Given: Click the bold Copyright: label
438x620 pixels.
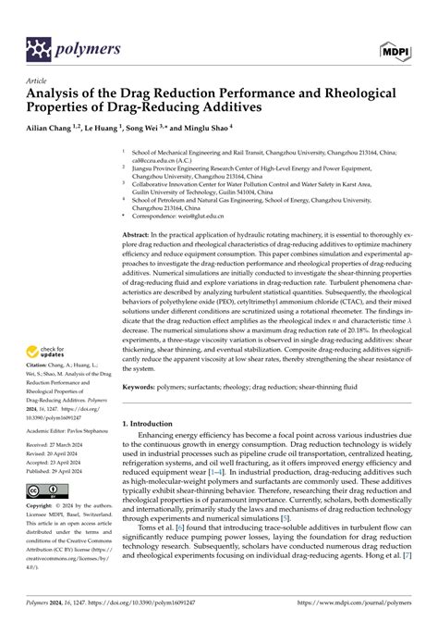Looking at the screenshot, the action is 44,507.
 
